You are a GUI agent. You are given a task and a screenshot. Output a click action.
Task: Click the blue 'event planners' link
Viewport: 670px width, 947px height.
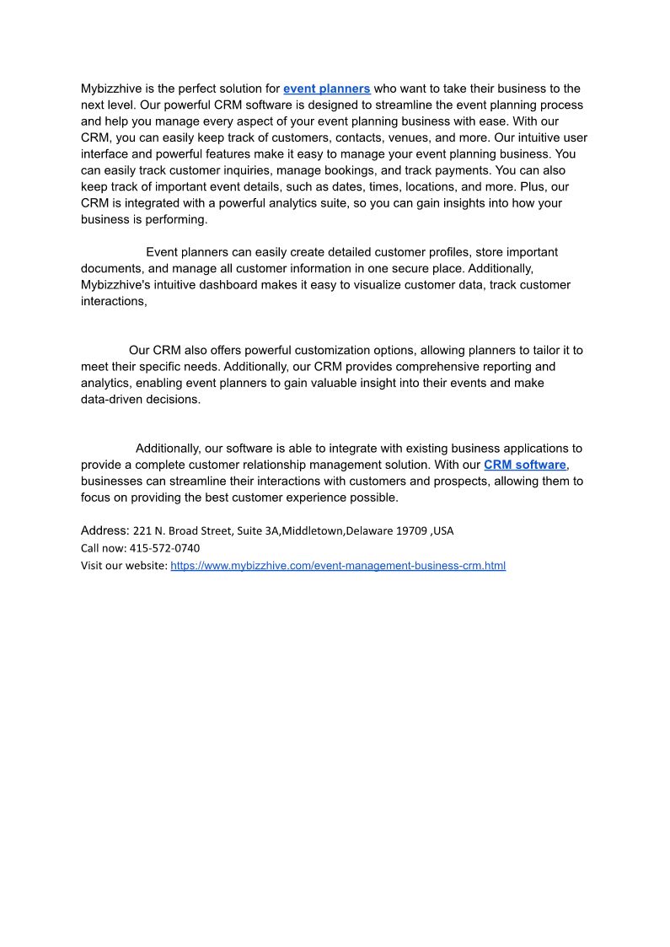[327, 89]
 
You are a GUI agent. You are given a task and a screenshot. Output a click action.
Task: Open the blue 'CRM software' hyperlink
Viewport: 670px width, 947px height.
[524, 465]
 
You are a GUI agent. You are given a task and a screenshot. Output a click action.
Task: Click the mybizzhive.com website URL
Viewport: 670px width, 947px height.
[338, 566]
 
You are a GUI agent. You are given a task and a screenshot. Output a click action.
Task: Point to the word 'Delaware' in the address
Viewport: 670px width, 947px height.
[369, 531]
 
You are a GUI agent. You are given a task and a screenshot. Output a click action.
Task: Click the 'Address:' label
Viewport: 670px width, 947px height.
[105, 531]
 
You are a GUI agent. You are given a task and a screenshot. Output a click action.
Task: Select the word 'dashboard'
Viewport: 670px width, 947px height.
[250, 285]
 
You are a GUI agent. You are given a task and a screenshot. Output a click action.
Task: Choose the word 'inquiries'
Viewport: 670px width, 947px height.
[239, 170]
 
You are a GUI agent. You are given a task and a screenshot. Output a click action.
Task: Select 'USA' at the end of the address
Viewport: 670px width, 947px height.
[443, 531]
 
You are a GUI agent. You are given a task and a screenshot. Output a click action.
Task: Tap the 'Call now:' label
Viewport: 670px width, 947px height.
[104, 548]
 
